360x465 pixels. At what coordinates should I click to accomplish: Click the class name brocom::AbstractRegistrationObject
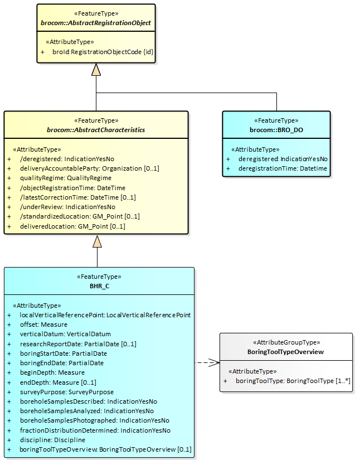pos(96,23)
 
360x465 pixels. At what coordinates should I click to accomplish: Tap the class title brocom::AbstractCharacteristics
pos(96,130)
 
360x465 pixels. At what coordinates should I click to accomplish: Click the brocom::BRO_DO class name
pos(276,130)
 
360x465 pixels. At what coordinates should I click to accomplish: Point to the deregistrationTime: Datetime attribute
pos(283,168)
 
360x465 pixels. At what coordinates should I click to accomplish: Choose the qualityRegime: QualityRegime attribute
pos(66,178)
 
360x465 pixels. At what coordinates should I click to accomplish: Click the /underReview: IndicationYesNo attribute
pos(67,206)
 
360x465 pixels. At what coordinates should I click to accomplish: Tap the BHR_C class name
pos(99,286)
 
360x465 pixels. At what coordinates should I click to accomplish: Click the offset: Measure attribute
pos(43,324)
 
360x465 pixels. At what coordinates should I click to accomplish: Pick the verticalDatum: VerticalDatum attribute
pos(61,333)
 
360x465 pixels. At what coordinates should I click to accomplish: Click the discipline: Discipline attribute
pos(53,439)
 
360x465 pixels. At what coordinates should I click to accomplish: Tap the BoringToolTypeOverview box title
pos(286,352)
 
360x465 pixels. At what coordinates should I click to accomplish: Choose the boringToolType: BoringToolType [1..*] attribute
pos(293,381)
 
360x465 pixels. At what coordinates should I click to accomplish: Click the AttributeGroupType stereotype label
pos(286,343)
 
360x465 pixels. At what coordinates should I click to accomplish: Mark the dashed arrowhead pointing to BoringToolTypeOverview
pos(215,362)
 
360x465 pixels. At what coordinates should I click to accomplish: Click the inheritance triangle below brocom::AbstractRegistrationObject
pos(96,70)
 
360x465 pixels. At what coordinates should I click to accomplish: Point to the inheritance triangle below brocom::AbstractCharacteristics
pos(98,241)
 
